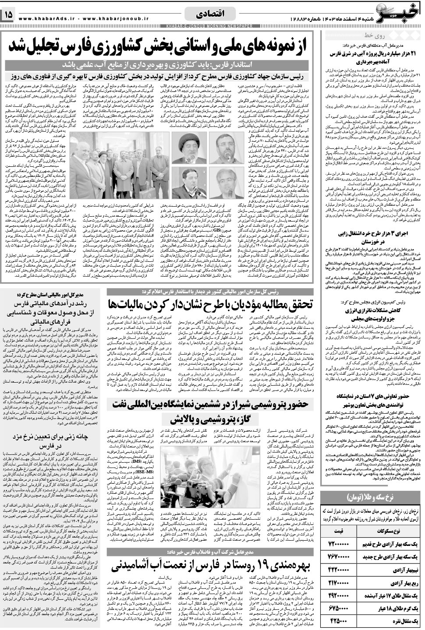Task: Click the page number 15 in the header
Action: pos(9,15)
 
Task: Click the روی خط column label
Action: pos(373,35)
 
